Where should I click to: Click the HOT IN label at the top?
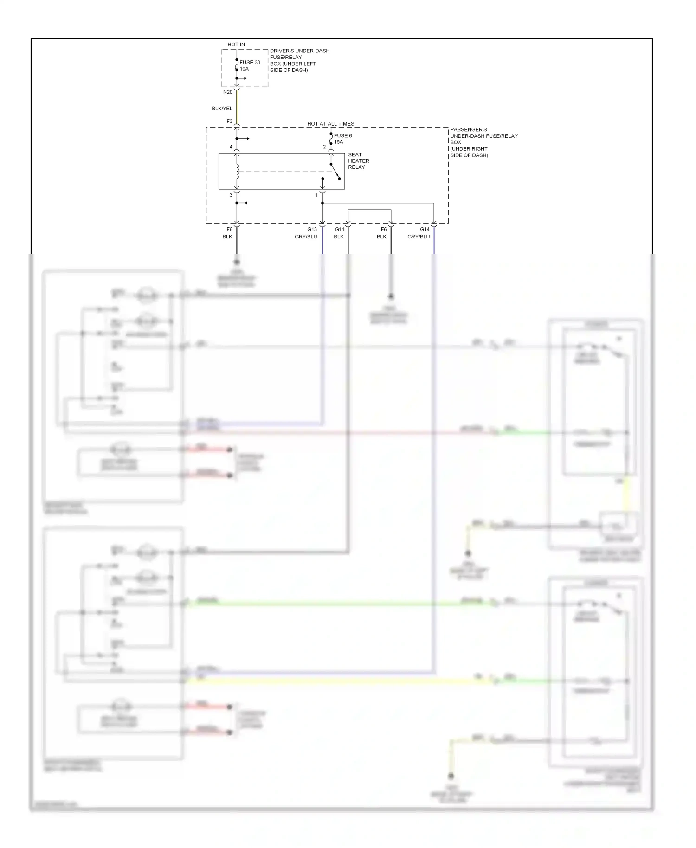click(236, 45)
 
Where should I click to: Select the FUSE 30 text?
click(250, 62)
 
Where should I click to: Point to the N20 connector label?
click(227, 92)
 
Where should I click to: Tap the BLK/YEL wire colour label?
click(222, 109)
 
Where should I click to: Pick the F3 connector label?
click(229, 122)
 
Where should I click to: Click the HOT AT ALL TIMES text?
click(330, 124)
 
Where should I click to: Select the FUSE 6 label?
click(343, 135)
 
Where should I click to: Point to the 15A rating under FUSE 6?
click(339, 142)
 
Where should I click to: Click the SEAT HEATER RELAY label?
click(358, 161)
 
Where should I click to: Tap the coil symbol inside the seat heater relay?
click(238, 171)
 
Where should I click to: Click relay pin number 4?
click(231, 147)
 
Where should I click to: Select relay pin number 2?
click(324, 147)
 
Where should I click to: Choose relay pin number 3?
click(231, 195)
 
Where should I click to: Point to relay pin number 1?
click(316, 195)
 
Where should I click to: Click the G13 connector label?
click(312, 229)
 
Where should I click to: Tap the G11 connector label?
click(340, 229)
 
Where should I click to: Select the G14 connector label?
click(425, 229)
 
